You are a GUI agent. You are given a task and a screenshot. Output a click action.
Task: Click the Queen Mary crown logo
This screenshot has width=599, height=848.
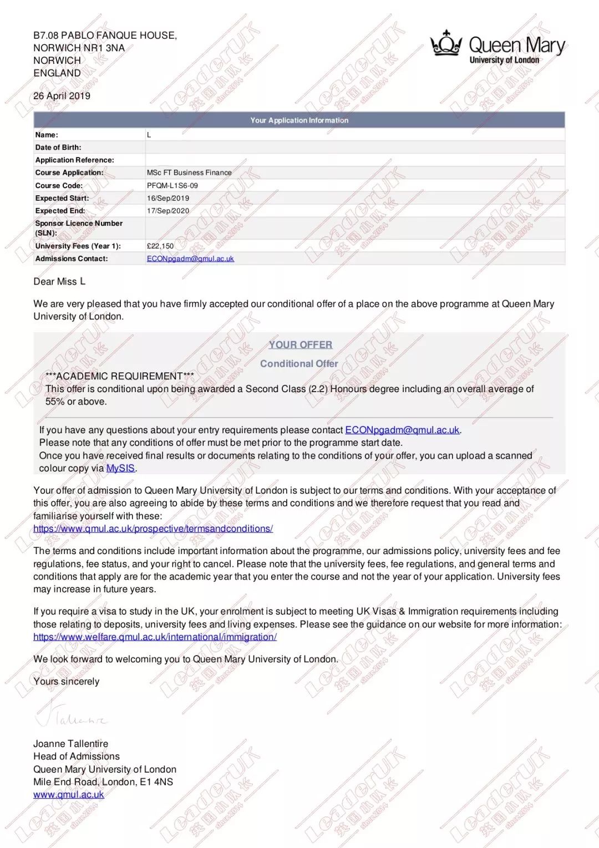point(446,43)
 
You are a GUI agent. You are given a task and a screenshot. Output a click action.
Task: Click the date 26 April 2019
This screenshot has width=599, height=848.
point(62,96)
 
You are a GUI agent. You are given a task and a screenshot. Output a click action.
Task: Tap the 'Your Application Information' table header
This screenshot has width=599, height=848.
point(299,120)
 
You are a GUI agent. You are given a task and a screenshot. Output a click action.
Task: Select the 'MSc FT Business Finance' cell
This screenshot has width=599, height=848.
point(189,172)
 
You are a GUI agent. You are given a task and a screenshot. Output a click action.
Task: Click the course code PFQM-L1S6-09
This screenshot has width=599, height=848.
point(172,186)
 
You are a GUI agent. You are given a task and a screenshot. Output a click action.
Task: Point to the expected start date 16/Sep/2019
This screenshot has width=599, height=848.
point(168,198)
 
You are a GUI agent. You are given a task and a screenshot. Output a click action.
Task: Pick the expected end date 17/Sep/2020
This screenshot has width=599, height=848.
point(168,211)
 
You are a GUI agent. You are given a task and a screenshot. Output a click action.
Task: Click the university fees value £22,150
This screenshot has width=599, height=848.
point(160,246)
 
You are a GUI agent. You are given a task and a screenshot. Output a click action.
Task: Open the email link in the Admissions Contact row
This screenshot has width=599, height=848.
point(190,258)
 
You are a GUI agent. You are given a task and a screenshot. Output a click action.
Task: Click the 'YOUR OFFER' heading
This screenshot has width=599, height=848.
point(301,344)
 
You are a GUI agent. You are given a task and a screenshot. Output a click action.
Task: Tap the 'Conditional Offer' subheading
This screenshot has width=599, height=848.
point(299,363)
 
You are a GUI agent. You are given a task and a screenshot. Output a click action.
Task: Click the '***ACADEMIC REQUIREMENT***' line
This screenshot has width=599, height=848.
point(120,376)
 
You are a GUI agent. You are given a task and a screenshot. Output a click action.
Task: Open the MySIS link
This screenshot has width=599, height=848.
point(120,468)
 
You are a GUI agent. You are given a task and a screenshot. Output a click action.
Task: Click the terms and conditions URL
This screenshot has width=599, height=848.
point(153,529)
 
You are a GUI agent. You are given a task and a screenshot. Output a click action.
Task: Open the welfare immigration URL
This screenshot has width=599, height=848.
point(155,637)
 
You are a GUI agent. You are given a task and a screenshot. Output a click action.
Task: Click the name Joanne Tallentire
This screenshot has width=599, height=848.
point(70,744)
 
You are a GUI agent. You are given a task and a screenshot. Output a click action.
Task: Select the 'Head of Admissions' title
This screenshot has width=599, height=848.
point(76,756)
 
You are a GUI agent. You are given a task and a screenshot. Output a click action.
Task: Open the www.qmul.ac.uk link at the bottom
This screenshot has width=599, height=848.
point(68,795)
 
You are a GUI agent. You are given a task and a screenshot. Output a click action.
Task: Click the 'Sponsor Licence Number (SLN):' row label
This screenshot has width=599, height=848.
point(79,228)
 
